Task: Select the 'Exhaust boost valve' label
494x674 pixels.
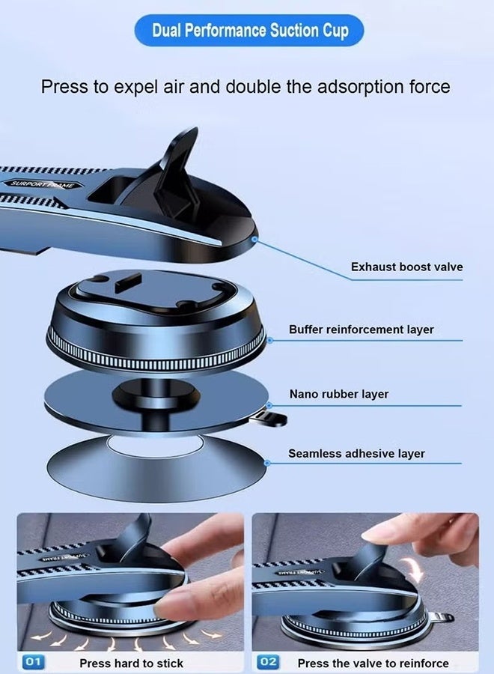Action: click(406, 267)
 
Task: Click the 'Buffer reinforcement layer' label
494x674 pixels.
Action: click(362, 330)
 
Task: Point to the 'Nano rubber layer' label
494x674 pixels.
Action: click(339, 394)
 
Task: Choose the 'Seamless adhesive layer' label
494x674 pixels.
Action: click(356, 453)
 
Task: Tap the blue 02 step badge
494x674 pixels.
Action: click(269, 663)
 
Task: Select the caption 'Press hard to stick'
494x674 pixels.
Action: click(131, 663)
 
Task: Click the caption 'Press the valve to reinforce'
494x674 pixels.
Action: click(373, 663)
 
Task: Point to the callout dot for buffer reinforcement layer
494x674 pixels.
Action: click(269, 339)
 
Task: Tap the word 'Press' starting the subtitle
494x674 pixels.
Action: click(64, 86)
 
